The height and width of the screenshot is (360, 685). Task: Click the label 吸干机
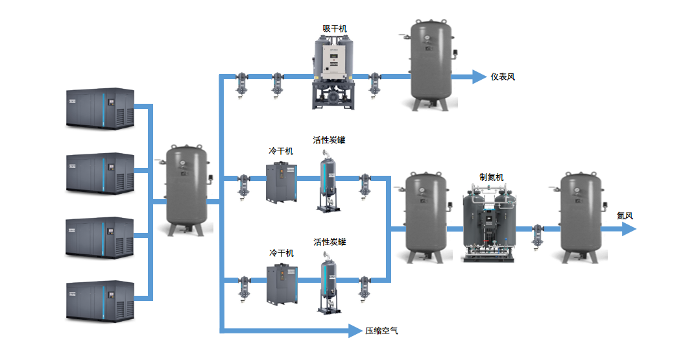pyautogui.click(x=335, y=29)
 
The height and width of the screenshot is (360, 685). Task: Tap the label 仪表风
pyautogui.click(x=503, y=77)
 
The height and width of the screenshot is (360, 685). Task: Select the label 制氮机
pyautogui.click(x=491, y=177)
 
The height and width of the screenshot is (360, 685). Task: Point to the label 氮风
pyautogui.click(x=625, y=216)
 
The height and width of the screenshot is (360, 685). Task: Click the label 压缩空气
pyautogui.click(x=381, y=331)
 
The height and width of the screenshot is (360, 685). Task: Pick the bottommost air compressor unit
pyautogui.click(x=101, y=300)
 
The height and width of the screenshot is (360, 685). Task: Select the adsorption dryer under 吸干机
pyautogui.click(x=334, y=71)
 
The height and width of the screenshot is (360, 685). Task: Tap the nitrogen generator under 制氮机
pyautogui.click(x=490, y=224)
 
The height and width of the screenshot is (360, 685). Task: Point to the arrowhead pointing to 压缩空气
pyautogui.click(x=354, y=331)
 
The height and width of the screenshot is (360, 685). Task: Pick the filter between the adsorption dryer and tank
pyautogui.click(x=374, y=83)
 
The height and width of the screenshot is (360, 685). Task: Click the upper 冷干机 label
pyautogui.click(x=281, y=151)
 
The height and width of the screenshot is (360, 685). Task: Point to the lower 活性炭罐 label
pyautogui.click(x=330, y=242)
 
